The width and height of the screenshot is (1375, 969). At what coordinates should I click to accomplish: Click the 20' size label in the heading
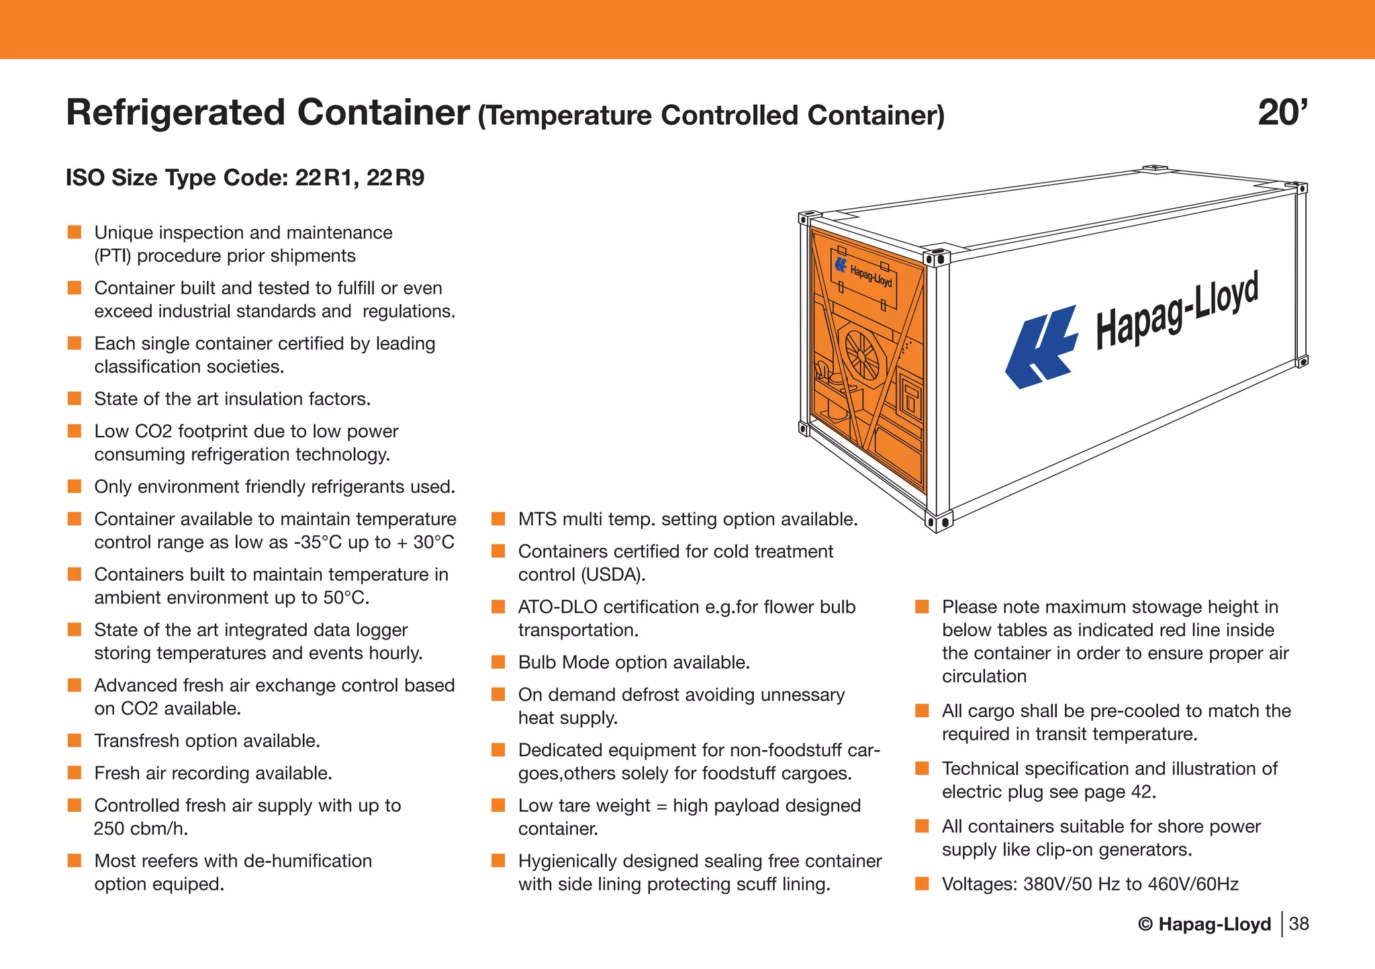pyautogui.click(x=1282, y=113)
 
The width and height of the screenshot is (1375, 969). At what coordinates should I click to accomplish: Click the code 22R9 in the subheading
pyautogui.click(x=395, y=178)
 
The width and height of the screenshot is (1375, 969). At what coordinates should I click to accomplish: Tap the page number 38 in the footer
pyautogui.click(x=1299, y=924)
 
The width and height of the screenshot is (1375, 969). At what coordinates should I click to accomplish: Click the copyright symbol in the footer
pyautogui.click(x=1145, y=925)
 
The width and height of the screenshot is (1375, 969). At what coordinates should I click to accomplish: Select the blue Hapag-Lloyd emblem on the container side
pyautogui.click(x=1041, y=347)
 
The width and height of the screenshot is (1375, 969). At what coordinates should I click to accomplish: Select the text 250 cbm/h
pyautogui.click(x=141, y=829)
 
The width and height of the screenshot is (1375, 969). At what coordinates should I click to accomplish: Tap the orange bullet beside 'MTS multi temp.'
pyautogui.click(x=498, y=519)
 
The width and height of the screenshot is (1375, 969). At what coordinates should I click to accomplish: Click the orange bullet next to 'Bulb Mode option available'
pyautogui.click(x=498, y=662)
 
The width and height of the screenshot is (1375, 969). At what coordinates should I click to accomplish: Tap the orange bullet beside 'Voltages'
pyautogui.click(x=922, y=884)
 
